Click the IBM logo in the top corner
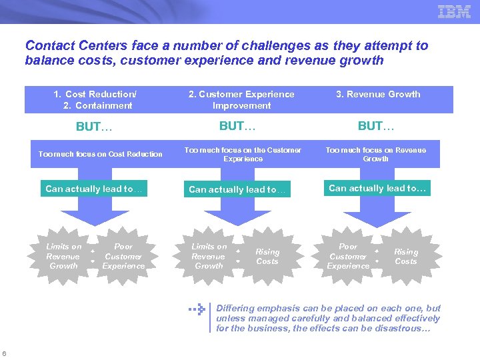click(454, 11)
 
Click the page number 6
click(5, 353)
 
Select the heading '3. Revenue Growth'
click(378, 94)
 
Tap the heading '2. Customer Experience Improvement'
click(241, 100)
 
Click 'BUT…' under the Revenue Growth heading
click(377, 126)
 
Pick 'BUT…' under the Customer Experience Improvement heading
click(239, 126)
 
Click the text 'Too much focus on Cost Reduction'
click(101, 154)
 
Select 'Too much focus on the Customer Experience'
click(243, 155)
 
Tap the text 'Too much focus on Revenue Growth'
click(376, 155)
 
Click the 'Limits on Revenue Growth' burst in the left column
click(63, 256)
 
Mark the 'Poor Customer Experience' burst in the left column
click(123, 256)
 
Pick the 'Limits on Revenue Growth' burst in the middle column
click(209, 256)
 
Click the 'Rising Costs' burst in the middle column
click(267, 256)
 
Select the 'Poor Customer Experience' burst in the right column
click(348, 256)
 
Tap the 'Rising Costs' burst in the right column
click(406, 256)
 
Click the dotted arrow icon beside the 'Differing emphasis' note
click(196, 309)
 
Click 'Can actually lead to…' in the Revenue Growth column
click(377, 188)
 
